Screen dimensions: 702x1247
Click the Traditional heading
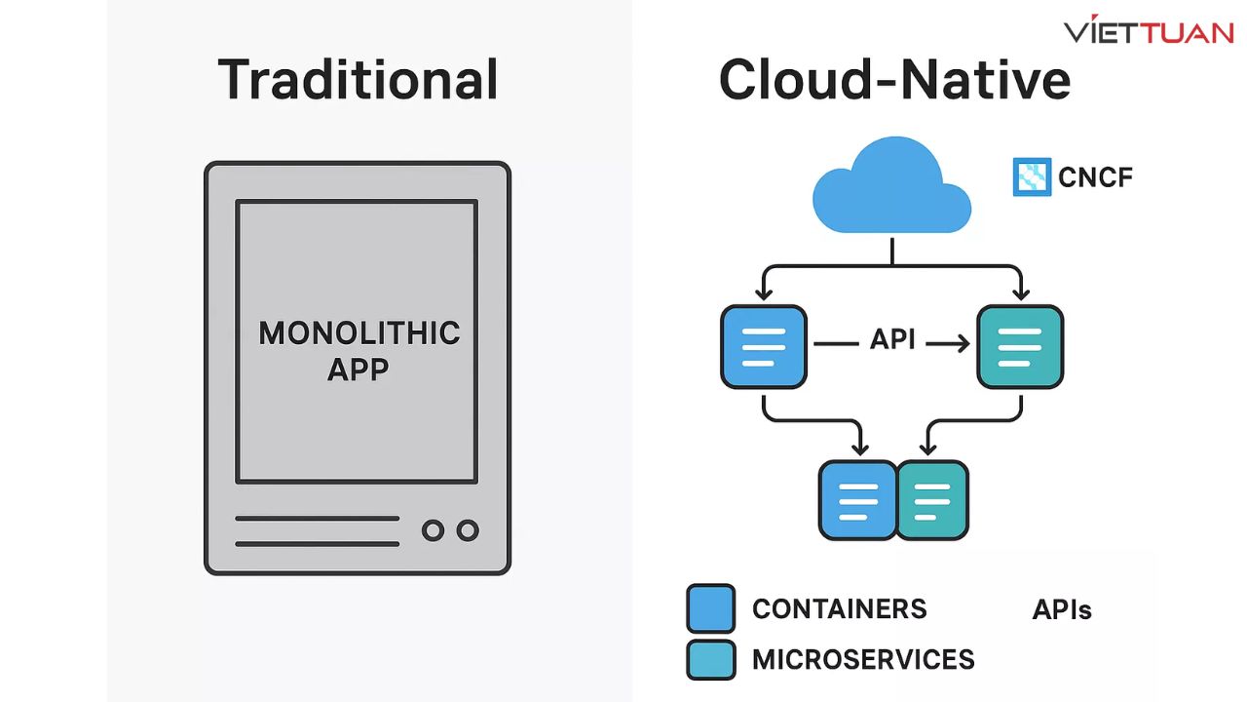click(x=358, y=80)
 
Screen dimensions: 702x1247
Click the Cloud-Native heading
click(x=894, y=80)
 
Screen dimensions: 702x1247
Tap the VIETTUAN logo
click(x=1149, y=31)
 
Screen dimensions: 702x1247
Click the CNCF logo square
click(x=1032, y=177)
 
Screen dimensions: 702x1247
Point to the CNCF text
click(x=1095, y=178)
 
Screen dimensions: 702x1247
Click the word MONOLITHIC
click(x=359, y=333)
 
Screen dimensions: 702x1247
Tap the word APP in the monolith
click(x=359, y=370)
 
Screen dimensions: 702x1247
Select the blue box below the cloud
click(x=764, y=347)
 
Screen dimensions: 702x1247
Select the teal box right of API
click(x=1019, y=347)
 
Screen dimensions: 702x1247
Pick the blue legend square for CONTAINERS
click(x=711, y=609)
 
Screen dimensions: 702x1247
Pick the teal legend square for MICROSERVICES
click(x=711, y=659)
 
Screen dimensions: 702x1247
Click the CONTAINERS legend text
click(x=839, y=609)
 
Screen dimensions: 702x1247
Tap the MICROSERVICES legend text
click(x=863, y=660)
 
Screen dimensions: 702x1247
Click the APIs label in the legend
click(x=1062, y=611)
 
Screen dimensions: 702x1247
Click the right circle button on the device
click(x=468, y=530)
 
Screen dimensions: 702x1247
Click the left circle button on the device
click(x=433, y=530)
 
